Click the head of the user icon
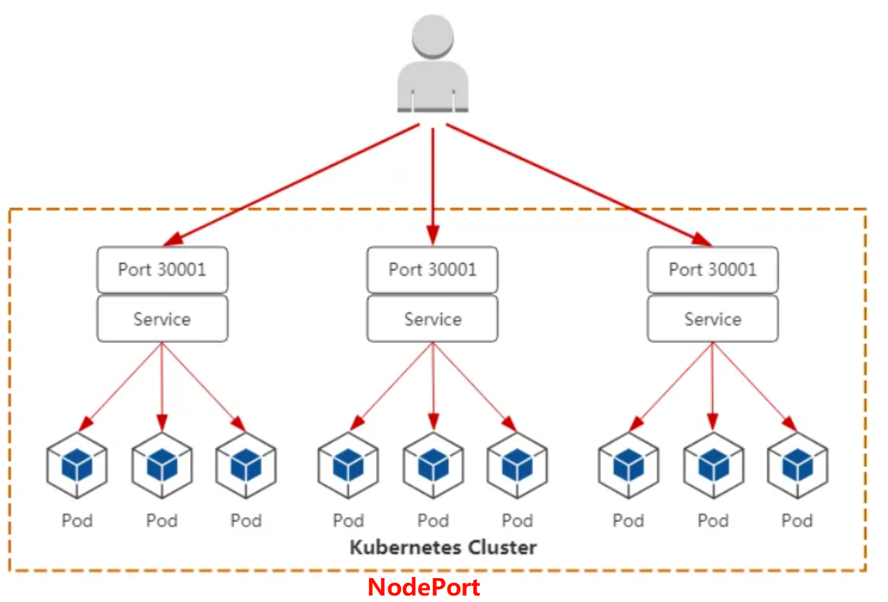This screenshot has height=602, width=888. click(433, 37)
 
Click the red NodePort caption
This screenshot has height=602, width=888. click(424, 587)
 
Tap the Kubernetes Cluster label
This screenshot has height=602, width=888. click(443, 547)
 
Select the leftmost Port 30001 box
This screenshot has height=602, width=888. click(162, 269)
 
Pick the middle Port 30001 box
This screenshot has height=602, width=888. click(432, 269)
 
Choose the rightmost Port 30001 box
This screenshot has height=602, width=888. click(713, 269)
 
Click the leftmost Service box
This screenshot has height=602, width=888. click(162, 319)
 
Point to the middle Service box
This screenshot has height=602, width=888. click(432, 319)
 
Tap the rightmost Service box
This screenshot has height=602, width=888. click(713, 319)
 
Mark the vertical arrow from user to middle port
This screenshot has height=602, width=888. click(433, 187)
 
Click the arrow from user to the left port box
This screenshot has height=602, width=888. click(290, 185)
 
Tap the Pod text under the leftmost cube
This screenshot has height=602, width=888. click(77, 520)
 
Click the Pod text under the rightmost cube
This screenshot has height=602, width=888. click(797, 520)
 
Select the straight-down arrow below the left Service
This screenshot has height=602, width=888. click(162, 387)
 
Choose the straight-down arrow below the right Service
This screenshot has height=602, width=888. click(713, 387)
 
